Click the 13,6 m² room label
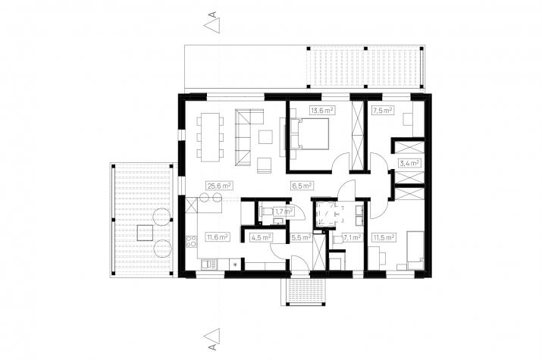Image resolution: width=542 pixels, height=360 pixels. [x=322, y=111]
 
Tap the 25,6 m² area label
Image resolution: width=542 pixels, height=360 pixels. [x=219, y=186]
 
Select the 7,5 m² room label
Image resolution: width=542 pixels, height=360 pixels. [x=382, y=111]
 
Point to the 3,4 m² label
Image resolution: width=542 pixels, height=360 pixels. [x=409, y=163]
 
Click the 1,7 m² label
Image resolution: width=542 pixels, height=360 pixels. [x=284, y=211]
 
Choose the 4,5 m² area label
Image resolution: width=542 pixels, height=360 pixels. [x=261, y=237]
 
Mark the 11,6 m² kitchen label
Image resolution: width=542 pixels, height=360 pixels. [x=217, y=237]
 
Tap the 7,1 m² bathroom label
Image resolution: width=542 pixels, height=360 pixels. [x=352, y=237]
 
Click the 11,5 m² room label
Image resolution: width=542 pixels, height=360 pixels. [x=384, y=237]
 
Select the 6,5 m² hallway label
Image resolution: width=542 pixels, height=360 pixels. [x=302, y=186]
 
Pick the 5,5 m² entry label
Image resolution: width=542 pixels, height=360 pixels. [x=301, y=237]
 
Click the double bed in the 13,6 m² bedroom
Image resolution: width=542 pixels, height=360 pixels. [x=310, y=133]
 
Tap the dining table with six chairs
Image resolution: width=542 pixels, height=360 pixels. [x=210, y=137]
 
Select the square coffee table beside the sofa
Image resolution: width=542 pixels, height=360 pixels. [x=266, y=136]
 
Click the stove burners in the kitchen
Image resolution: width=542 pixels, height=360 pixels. [x=191, y=241]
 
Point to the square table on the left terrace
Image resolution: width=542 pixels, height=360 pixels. [x=146, y=233]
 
